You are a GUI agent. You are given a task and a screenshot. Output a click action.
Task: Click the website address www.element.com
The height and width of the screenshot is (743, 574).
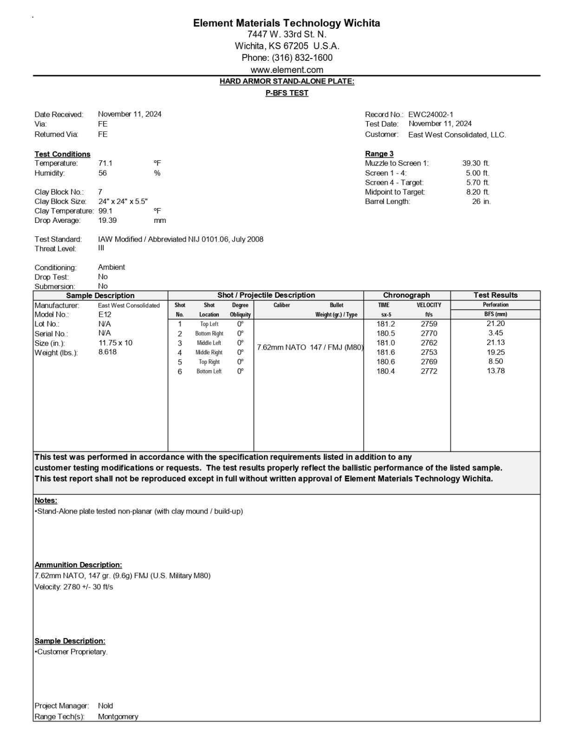coord(287,70)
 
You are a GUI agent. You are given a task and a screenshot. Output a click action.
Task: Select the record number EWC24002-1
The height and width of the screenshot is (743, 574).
coord(430,114)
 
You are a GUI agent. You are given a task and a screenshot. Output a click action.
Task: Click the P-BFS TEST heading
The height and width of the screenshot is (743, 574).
coord(287,93)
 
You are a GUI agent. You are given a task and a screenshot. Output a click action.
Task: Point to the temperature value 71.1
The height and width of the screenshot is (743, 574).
coord(105,163)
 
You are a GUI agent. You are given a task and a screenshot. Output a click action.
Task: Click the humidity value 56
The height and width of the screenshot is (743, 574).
coord(103,173)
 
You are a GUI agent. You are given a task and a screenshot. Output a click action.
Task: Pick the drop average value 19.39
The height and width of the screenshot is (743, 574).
coord(107,220)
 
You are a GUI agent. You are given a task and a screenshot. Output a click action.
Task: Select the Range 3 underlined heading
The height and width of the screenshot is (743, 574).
coord(379,154)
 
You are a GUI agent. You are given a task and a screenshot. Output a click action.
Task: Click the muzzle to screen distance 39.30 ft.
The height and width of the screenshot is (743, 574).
coord(476,163)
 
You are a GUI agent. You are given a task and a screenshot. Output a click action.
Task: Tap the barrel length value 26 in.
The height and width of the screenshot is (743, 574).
coord(481,201)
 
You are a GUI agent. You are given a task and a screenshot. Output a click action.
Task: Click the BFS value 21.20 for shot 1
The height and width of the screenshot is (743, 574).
coord(496,324)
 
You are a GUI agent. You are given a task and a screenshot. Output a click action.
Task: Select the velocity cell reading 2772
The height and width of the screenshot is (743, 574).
coord(429,371)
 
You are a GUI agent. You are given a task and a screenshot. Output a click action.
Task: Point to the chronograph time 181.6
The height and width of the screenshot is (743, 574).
coord(385,352)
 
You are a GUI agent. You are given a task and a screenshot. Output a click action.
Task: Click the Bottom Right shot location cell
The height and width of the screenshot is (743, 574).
coord(209,333)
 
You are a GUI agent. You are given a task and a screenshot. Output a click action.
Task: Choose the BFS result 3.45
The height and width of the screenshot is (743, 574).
coord(496,333)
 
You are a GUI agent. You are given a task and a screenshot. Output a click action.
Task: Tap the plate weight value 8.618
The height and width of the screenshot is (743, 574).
coord(107,352)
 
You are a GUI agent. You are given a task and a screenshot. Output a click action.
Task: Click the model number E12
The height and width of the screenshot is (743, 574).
coord(104,314)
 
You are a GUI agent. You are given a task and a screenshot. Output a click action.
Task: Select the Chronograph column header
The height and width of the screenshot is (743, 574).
coord(406,295)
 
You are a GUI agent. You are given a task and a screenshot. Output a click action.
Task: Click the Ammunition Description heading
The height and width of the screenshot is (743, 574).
coord(78,565)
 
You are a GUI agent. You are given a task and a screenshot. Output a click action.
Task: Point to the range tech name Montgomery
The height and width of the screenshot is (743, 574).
coord(118,717)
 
